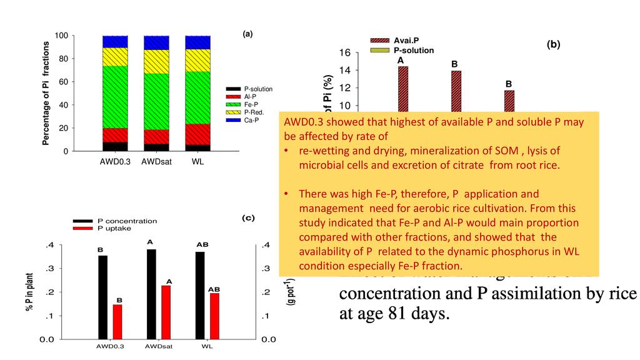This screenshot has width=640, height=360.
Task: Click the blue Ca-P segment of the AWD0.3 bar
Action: (115, 41)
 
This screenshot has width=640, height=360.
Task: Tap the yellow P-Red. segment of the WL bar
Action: (197, 60)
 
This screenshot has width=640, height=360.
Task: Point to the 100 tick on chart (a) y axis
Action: (61, 36)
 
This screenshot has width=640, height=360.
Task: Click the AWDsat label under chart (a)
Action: (156, 162)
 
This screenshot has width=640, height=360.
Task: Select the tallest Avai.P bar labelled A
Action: (403, 88)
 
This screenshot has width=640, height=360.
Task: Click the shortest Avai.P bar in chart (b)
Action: (509, 101)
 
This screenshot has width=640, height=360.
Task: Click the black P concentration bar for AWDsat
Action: (151, 294)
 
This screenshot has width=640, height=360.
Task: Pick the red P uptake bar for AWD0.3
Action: (117, 322)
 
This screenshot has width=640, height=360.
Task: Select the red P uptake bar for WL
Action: (215, 316)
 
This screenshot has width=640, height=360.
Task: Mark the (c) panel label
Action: (247, 217)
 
